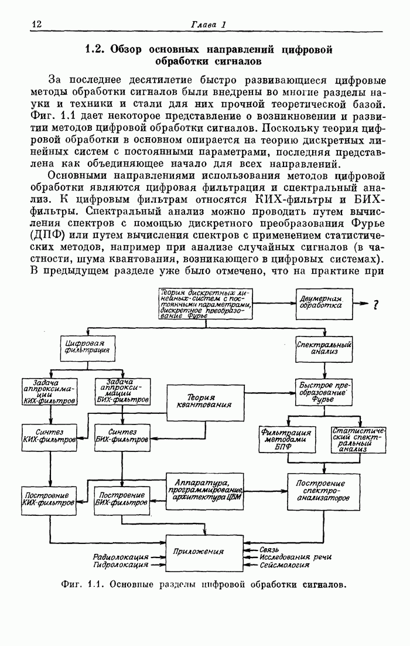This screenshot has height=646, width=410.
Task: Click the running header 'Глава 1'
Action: (x=208, y=25)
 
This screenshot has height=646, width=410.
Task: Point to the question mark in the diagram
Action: (x=375, y=304)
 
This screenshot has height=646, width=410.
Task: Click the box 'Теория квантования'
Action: (x=204, y=402)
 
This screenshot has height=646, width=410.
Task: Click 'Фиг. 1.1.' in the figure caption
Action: (x=82, y=585)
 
